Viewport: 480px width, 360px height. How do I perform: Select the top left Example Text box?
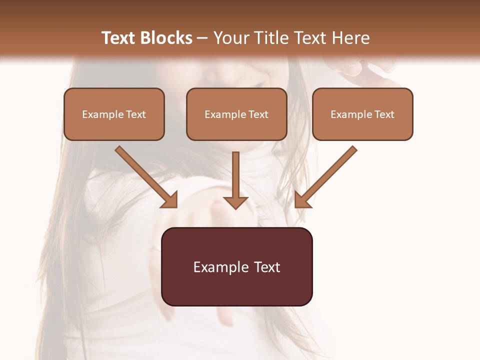114,114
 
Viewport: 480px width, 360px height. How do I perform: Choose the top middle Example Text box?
236,114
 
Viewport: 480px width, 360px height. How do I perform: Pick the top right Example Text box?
362,114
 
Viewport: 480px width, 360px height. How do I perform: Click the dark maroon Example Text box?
236,266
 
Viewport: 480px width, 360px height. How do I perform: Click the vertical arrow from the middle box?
235,175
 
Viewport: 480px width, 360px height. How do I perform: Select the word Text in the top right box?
384,114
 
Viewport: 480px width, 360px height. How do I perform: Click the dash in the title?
202,38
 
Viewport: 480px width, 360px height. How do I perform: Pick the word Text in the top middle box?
258,114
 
